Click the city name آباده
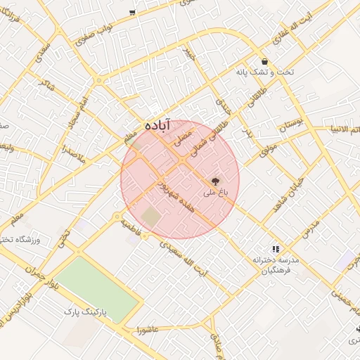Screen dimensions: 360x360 point(158,124)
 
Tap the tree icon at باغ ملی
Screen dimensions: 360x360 point(215,181)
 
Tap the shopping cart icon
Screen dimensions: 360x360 point(132,13)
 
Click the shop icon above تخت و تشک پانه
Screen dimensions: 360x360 point(264,61)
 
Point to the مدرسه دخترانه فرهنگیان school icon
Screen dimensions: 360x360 point(276,248)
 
